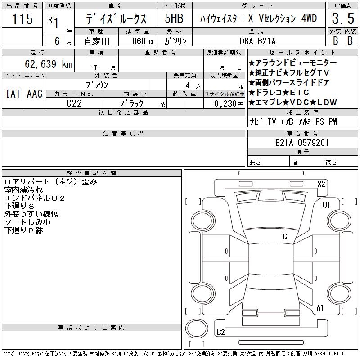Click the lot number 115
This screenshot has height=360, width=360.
22,18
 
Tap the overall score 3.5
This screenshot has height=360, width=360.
343,18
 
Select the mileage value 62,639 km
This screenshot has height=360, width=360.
49,64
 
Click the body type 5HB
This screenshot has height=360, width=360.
174,18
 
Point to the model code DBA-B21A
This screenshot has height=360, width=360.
257,41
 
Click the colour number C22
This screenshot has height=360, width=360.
74,103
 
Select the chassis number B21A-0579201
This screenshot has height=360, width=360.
302,143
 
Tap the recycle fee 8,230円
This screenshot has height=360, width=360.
229,104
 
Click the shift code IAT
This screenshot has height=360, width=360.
13,94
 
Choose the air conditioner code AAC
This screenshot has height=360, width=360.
35,94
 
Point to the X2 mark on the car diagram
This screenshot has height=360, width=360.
321,184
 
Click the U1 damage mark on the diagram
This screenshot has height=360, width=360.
326,206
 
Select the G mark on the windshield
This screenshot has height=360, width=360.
285,237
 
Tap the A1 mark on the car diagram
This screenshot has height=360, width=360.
320,308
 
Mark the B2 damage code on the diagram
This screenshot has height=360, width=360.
221,332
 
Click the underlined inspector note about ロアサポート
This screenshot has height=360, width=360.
51,182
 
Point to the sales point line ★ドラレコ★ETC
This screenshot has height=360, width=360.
279,93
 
